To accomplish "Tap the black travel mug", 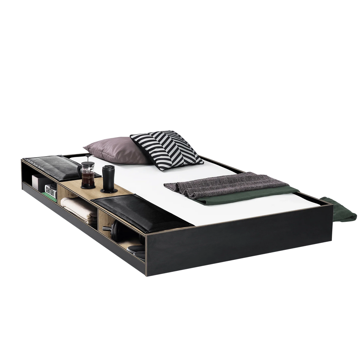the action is (x=108, y=178).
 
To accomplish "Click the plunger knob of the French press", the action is (x=88, y=156).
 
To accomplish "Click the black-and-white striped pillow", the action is (x=166, y=149).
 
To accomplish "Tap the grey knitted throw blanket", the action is (x=226, y=184).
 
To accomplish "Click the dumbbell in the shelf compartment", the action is (x=114, y=229).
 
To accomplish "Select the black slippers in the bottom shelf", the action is (x=136, y=250).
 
